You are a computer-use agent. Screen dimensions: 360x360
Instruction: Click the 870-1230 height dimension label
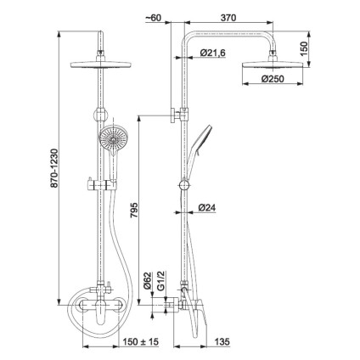pos(54,168)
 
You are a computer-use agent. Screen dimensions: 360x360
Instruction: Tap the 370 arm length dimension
pos(228,18)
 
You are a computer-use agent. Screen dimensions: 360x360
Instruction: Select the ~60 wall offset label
pos(153,18)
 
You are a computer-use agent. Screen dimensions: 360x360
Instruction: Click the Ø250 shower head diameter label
pos(273,79)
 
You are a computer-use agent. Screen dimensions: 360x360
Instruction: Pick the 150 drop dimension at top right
pos(303,48)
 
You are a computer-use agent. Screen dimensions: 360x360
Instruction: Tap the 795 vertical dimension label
pos(134,210)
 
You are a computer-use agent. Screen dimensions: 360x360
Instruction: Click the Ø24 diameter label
pos(207,208)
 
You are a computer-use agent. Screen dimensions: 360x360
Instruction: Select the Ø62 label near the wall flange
pos(148,280)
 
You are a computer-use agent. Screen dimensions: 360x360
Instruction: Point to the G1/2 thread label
pos(160,280)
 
